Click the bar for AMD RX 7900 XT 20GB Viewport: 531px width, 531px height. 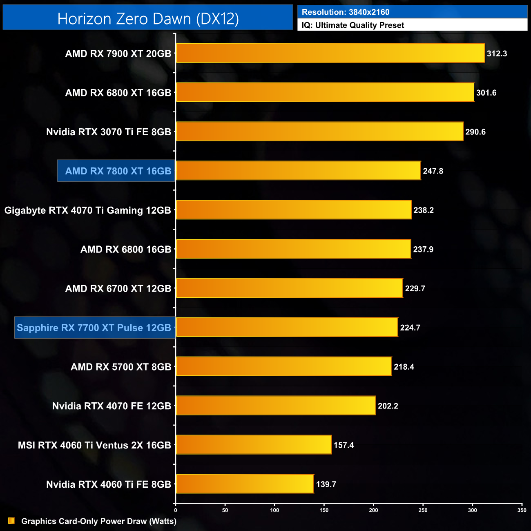click(330, 53)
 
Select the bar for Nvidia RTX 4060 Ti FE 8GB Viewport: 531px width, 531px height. click(245, 484)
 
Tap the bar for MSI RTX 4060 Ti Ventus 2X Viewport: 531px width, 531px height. click(254, 445)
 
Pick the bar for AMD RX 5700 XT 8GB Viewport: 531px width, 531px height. click(284, 366)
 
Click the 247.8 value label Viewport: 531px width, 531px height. click(433, 171)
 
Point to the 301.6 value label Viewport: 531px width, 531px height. click(486, 93)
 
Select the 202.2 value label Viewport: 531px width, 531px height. click(388, 406)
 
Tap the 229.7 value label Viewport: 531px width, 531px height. click(415, 288)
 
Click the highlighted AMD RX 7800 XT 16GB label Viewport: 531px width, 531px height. click(118, 171)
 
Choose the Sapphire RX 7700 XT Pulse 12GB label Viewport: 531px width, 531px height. click(94, 328)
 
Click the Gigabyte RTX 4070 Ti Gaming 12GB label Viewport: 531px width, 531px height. click(87, 210)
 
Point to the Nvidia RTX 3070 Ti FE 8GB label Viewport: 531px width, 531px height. click(109, 132)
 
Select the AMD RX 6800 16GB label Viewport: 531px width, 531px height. click(126, 249)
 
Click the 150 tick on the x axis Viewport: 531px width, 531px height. click(324, 510)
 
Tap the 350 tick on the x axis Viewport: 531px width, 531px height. click(522, 510)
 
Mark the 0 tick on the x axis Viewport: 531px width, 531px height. click(176, 510)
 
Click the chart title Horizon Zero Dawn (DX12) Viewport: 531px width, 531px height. click(148, 19)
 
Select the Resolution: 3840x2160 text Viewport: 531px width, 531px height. click(346, 12)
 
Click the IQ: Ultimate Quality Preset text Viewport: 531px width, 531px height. click(353, 25)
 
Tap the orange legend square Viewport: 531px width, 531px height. click(11, 521)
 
